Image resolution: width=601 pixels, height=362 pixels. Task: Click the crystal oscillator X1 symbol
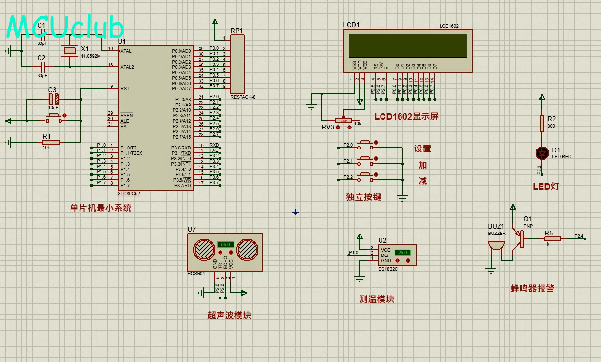coord(70,50)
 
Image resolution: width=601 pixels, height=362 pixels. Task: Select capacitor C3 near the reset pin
coord(54,99)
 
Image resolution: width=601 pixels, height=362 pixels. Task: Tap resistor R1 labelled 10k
coord(50,142)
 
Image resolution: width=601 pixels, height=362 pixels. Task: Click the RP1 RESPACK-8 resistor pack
coord(237,64)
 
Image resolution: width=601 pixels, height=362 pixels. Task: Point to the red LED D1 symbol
coord(541,153)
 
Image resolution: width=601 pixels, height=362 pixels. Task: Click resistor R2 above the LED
coord(541,123)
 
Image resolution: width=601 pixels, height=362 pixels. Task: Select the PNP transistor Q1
coord(519,238)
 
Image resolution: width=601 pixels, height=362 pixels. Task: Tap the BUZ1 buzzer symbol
coord(496,245)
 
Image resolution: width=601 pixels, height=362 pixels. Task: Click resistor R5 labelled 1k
coord(553,239)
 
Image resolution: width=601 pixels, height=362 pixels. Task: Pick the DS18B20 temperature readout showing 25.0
coord(402,253)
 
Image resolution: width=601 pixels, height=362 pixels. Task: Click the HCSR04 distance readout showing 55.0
coord(225,244)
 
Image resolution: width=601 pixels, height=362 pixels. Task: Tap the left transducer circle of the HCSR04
coord(204,250)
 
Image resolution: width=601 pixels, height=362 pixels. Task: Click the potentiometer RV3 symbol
coord(343,120)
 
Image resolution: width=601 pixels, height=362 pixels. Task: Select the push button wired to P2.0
coord(365,145)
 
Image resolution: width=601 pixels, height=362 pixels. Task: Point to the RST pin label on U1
coord(125,89)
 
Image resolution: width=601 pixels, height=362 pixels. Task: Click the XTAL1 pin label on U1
coord(127,51)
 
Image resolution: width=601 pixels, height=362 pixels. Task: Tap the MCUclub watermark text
coord(65,27)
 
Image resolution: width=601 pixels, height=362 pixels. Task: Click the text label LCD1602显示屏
coord(406,117)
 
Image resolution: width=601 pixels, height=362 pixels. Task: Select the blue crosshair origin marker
coord(295,212)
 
